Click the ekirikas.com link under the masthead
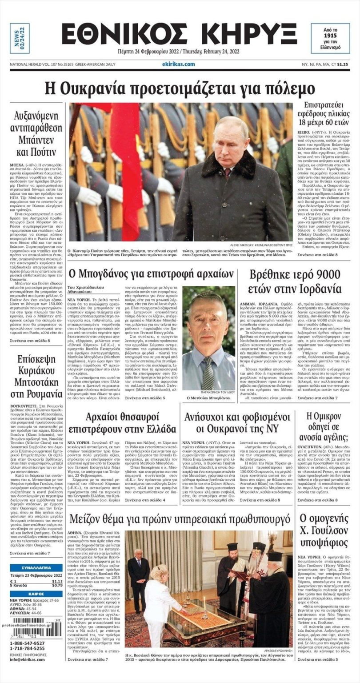pos(179,64)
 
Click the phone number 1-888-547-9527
pos(27,643)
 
